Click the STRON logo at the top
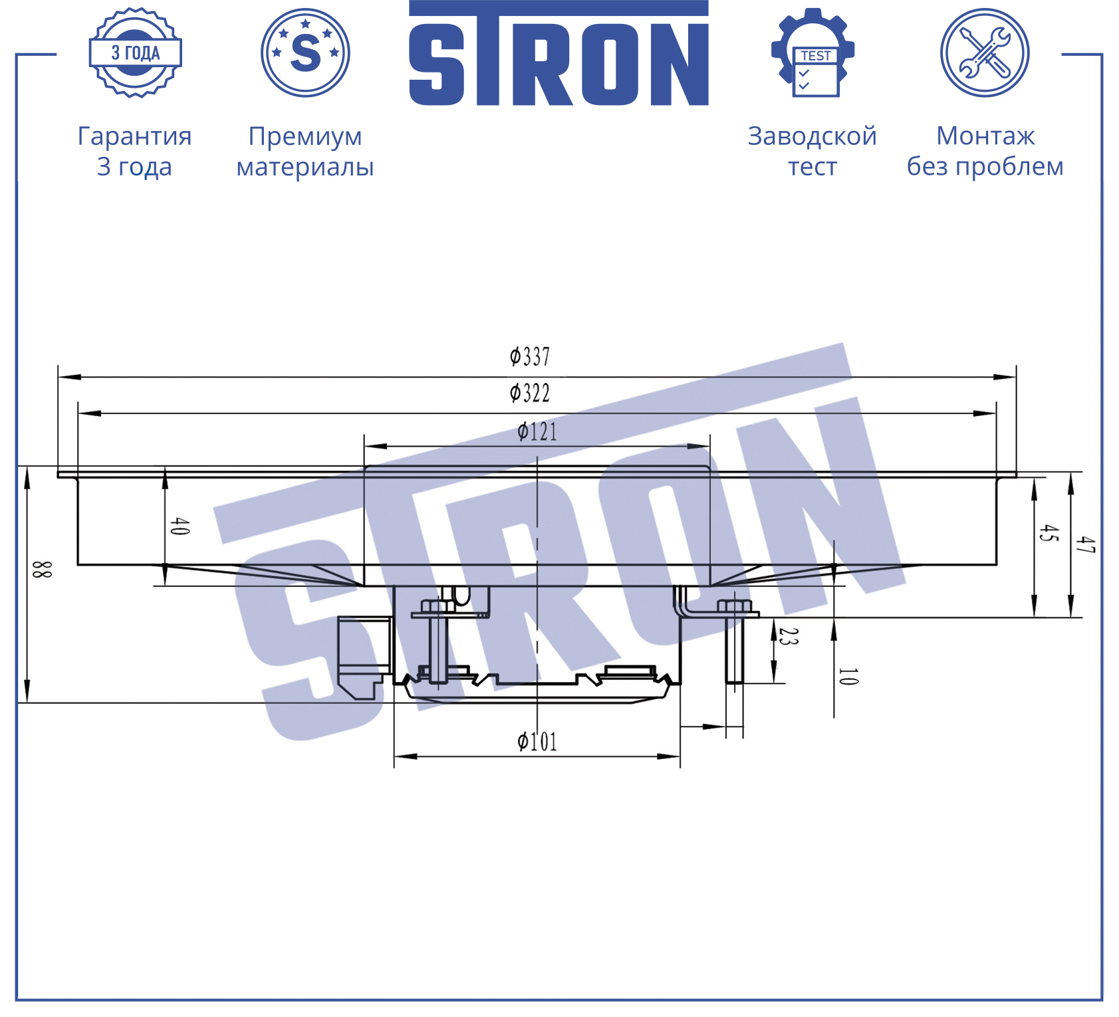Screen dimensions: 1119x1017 point(559,53)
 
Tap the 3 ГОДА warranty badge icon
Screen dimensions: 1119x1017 point(136,53)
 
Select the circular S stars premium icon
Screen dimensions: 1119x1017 point(305,53)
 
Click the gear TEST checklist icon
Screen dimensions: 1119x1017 point(812,53)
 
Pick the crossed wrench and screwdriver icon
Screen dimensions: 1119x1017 point(985,53)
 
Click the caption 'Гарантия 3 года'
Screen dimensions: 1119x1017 point(135,151)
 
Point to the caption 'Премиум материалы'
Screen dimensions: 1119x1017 point(305,151)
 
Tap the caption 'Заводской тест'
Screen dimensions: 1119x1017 point(812,151)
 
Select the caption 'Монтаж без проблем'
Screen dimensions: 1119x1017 point(985,151)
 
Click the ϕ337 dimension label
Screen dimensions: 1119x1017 point(530,357)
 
